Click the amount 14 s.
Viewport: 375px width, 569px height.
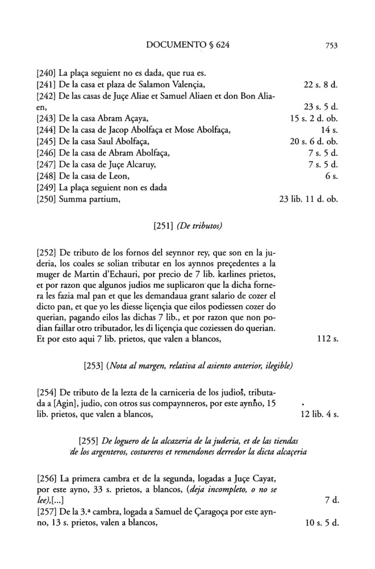point(330,131)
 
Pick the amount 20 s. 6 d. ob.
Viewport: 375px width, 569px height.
point(314,142)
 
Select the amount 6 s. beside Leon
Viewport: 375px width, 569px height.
point(332,176)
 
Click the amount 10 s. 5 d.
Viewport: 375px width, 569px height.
point(322,522)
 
